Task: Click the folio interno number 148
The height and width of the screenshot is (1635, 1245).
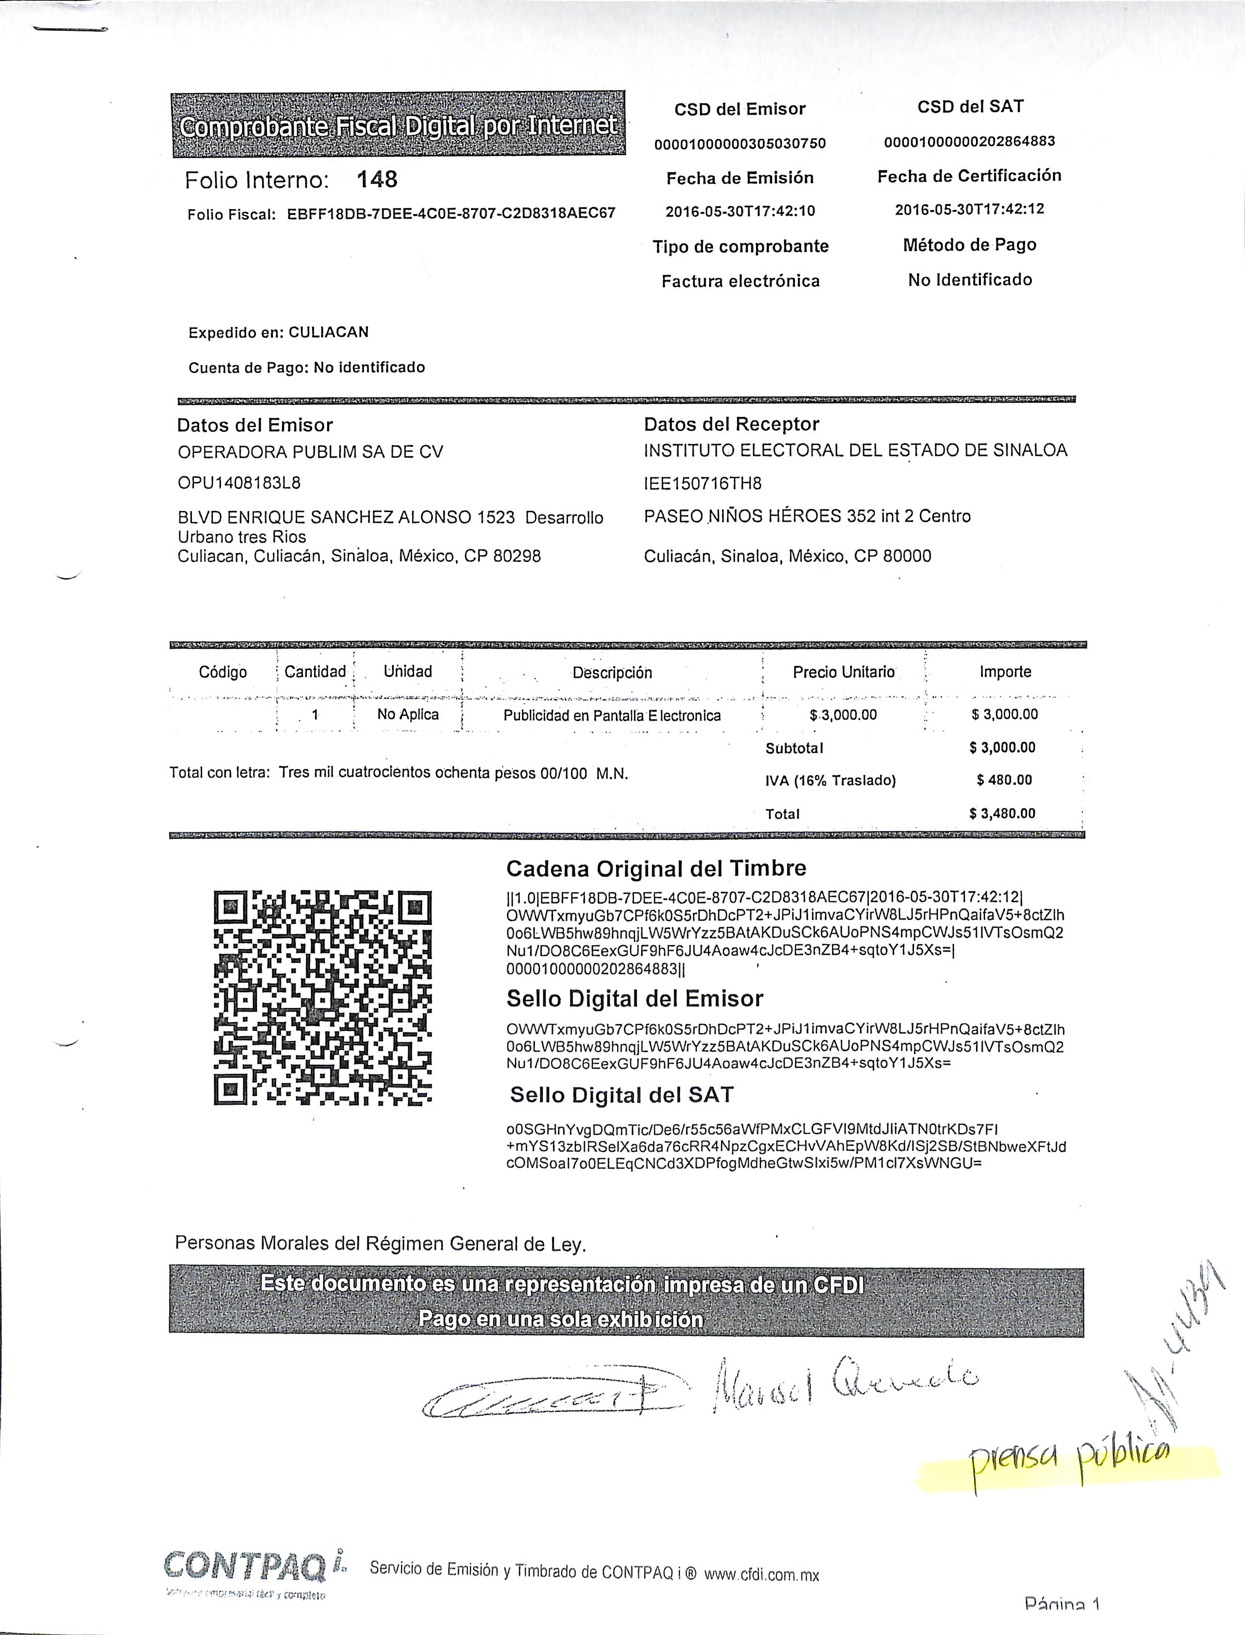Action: click(377, 179)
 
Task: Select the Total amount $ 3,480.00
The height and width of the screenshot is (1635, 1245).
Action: click(1002, 813)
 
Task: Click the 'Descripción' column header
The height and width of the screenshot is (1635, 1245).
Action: click(612, 673)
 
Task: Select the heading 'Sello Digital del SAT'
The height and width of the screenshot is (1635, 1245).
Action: click(622, 1095)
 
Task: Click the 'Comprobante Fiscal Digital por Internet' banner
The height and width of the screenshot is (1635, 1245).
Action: click(398, 125)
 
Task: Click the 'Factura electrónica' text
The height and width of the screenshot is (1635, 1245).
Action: click(741, 281)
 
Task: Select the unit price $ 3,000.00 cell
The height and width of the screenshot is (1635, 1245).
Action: click(843, 715)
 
